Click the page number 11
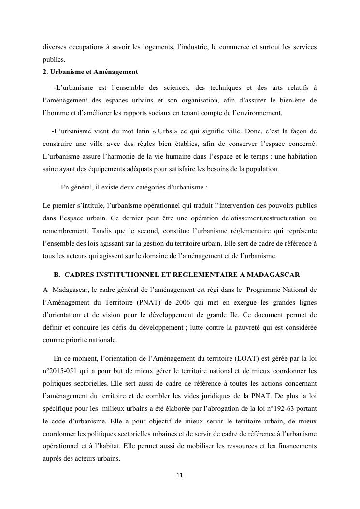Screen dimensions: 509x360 pos(180,475)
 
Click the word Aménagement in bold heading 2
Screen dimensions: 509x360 pos(115,72)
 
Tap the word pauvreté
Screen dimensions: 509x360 pos(246,327)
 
